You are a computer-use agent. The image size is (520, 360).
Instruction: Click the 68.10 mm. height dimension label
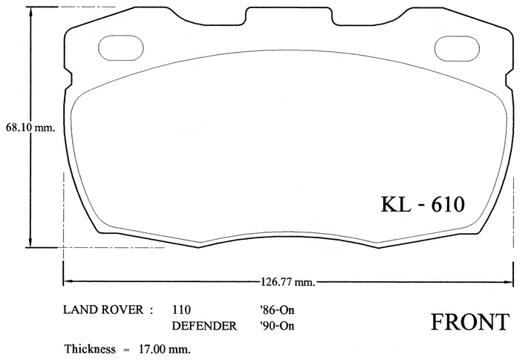click(30, 128)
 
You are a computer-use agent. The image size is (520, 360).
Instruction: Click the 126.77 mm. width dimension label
click(287, 282)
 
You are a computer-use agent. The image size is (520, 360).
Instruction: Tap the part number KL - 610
click(423, 204)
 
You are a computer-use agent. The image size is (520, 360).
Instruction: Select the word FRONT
click(470, 322)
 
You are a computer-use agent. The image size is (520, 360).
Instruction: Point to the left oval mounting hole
click(120, 48)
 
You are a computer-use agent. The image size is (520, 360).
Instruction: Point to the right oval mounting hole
click(457, 49)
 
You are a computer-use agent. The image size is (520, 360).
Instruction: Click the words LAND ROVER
click(103, 310)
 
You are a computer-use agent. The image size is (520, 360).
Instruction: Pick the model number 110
click(181, 310)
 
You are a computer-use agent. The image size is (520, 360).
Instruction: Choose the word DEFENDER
click(204, 326)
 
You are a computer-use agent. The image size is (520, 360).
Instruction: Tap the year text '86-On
click(277, 310)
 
